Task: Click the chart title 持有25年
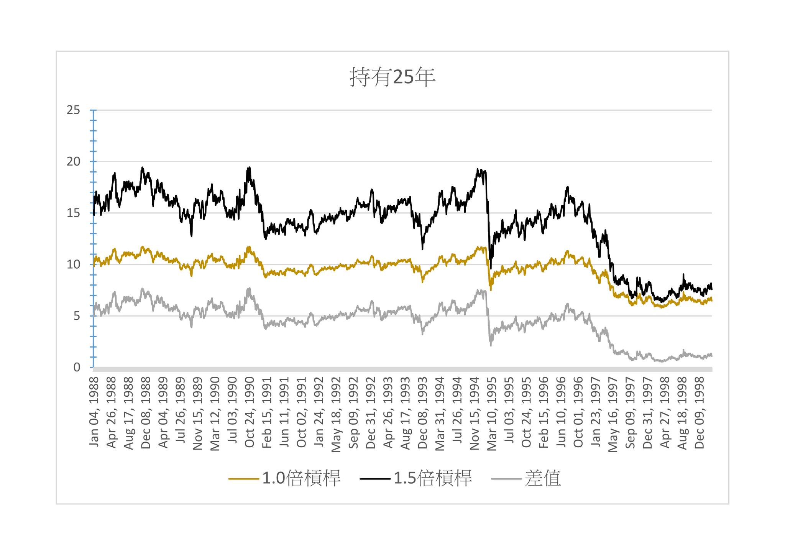pyautogui.click(x=392, y=77)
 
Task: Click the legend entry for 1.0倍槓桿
pyautogui.click(x=301, y=478)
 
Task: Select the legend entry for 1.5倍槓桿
pyautogui.click(x=433, y=478)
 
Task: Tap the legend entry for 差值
pyautogui.click(x=542, y=478)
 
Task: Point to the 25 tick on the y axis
pyautogui.click(x=74, y=110)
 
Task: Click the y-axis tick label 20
pyautogui.click(x=74, y=162)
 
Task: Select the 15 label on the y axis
pyautogui.click(x=74, y=213)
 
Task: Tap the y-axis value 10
pyautogui.click(x=74, y=264)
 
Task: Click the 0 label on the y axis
pyautogui.click(x=77, y=368)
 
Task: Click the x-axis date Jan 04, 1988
pyautogui.click(x=94, y=412)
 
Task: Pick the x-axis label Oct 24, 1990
pyautogui.click(x=250, y=412)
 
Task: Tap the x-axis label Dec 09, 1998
pyautogui.click(x=700, y=412)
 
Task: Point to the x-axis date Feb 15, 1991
pyautogui.click(x=267, y=412)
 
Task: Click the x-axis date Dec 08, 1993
pyautogui.click(x=423, y=412)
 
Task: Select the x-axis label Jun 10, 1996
pyautogui.click(x=561, y=412)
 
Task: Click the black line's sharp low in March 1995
pyautogui.click(x=491, y=268)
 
